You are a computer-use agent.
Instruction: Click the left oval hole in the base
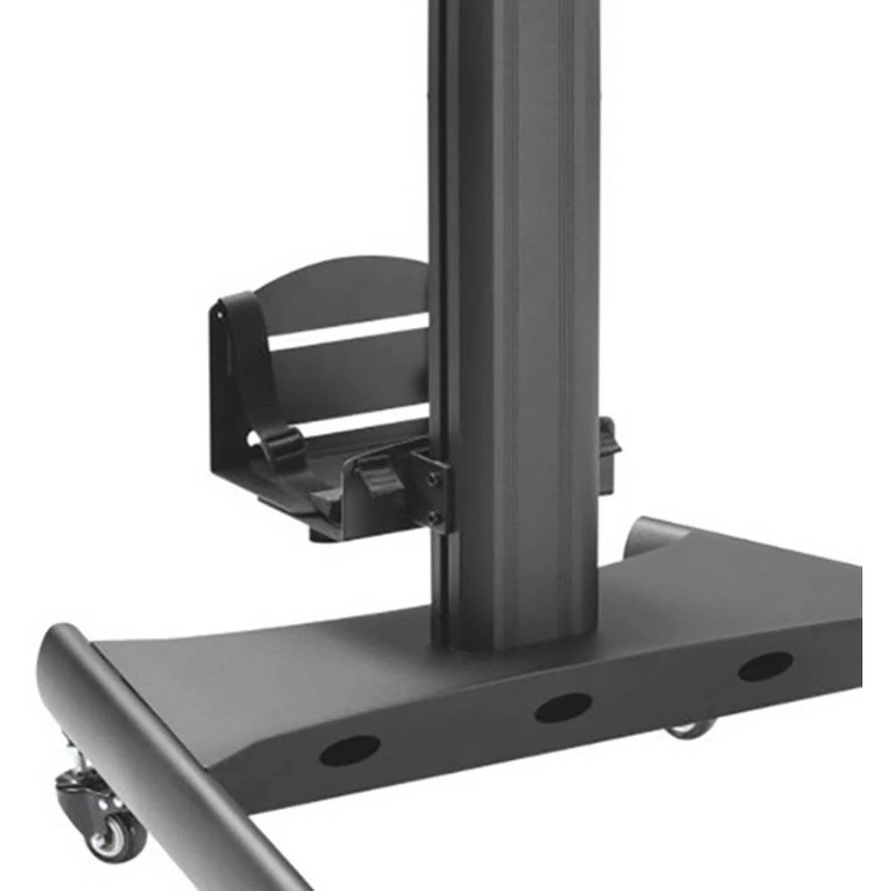tap(349, 750)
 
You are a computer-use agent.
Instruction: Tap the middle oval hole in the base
tap(562, 707)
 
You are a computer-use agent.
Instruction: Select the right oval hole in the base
tap(764, 666)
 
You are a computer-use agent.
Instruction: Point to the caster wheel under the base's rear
tap(691, 729)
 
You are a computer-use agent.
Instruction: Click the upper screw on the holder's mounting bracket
tap(434, 479)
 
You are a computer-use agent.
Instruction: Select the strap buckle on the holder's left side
tap(283, 442)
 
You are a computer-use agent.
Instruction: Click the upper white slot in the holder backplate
tap(347, 331)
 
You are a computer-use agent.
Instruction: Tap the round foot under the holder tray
tap(323, 533)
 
